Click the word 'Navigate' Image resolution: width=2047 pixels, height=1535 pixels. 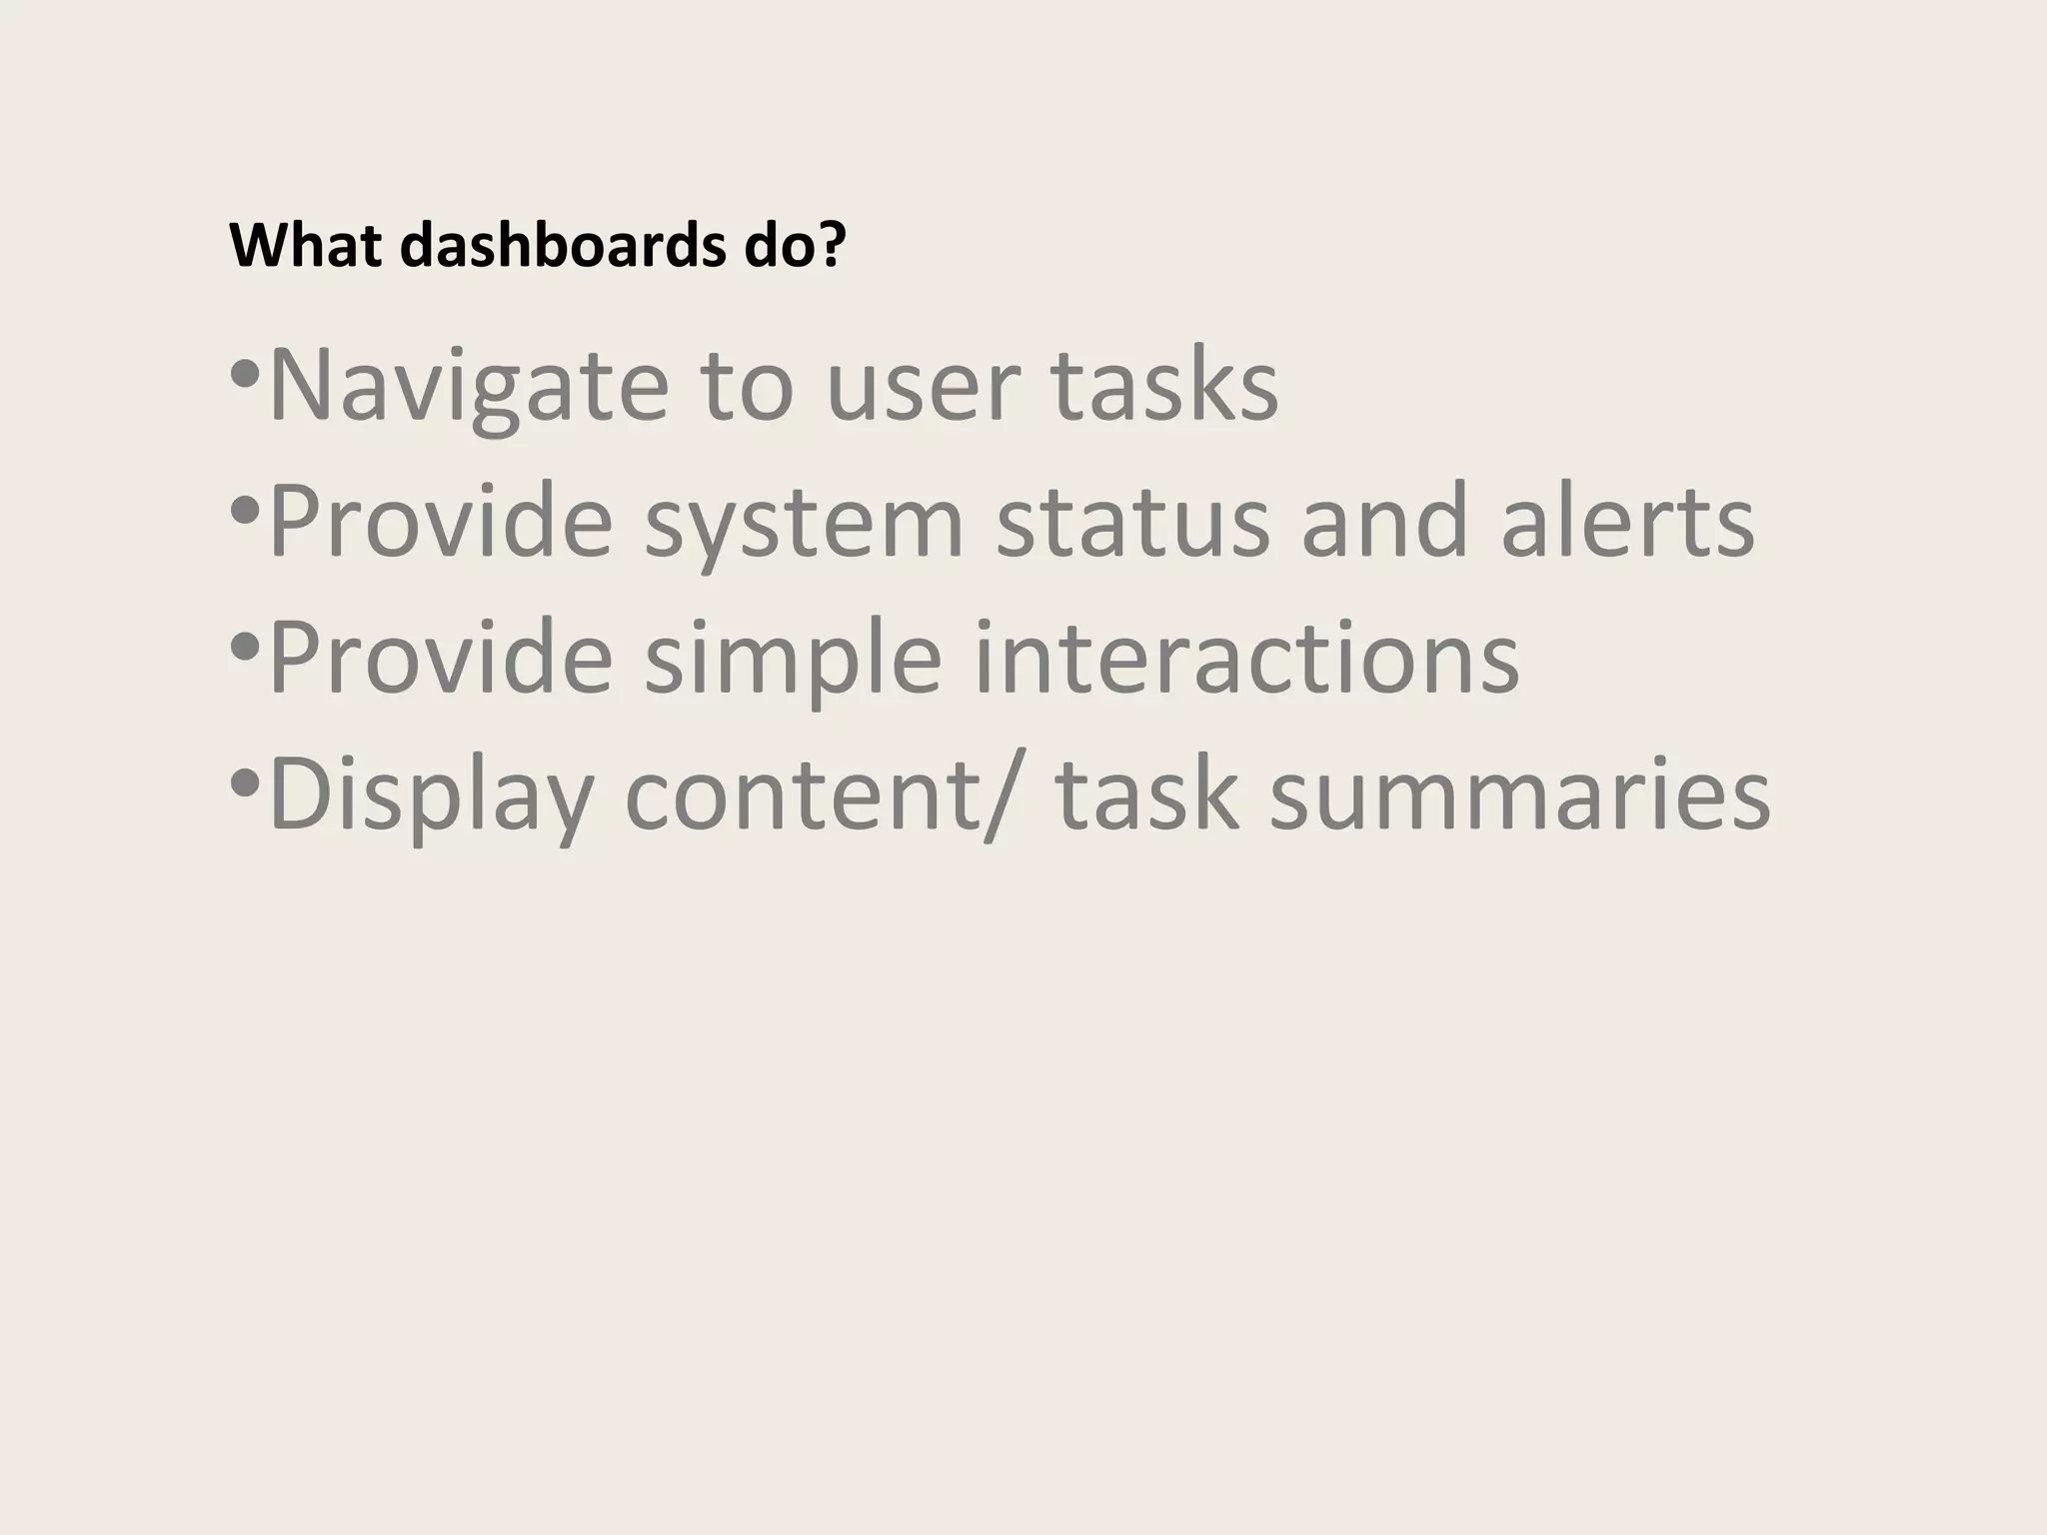468,386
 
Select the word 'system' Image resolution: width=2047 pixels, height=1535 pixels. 804,522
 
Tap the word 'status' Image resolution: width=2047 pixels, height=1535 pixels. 1132,522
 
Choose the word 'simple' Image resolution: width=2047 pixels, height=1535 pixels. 793,659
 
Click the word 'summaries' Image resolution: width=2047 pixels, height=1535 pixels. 1519,795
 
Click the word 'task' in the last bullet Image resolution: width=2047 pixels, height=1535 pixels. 1146,795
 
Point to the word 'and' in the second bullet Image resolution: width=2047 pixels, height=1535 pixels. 1384,522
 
